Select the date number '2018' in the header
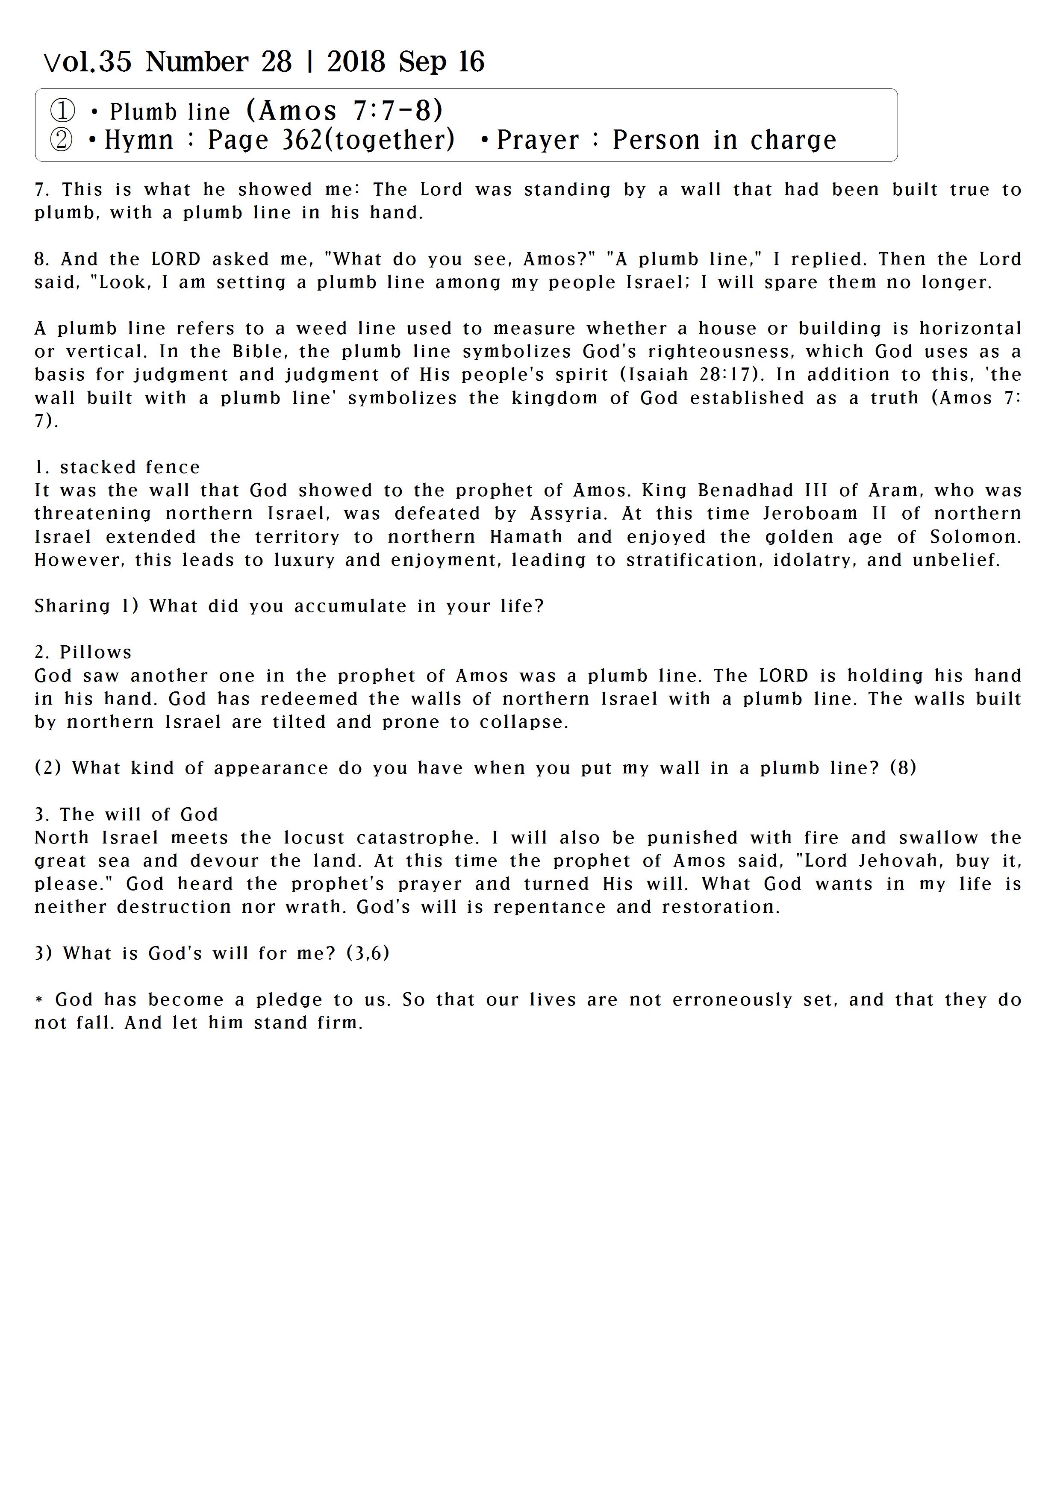(x=356, y=62)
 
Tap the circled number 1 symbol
(x=63, y=111)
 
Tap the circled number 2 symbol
(x=62, y=140)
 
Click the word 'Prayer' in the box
(x=538, y=140)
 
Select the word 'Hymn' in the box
(x=138, y=140)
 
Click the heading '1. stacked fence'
(x=118, y=467)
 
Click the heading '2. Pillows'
(x=83, y=652)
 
